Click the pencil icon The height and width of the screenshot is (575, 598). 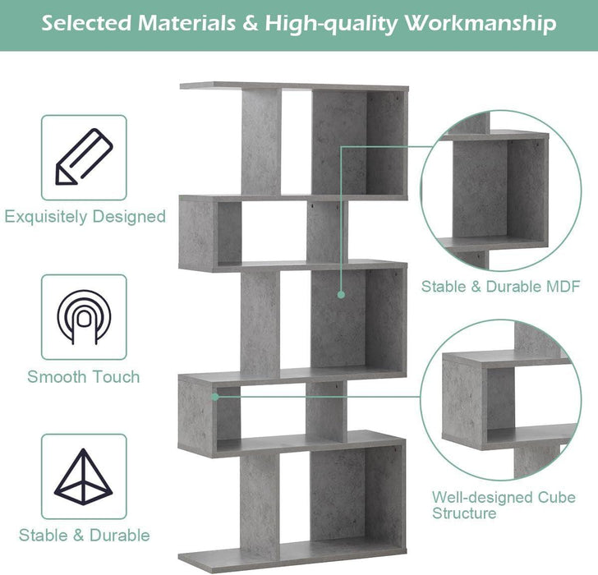(84, 157)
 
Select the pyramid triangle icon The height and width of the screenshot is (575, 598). (84, 477)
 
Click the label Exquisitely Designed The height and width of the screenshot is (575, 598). (85, 217)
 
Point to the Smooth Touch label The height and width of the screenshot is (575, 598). (84, 377)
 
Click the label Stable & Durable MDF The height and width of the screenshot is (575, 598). (501, 287)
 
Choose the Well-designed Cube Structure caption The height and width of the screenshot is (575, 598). (504, 505)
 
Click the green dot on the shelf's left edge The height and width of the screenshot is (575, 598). (215, 396)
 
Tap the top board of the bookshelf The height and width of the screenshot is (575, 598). (293, 85)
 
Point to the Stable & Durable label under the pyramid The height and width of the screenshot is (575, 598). (85, 536)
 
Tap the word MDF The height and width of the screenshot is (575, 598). (563, 287)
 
